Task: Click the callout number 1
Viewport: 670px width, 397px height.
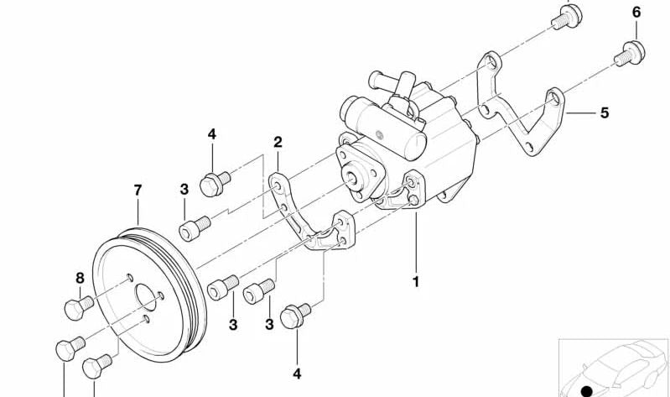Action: click(x=415, y=282)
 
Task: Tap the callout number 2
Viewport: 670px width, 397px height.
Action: click(x=278, y=142)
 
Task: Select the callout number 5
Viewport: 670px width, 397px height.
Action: click(x=605, y=113)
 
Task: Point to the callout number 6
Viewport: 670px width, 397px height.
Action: click(x=636, y=13)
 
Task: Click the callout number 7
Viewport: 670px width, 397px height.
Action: click(x=138, y=190)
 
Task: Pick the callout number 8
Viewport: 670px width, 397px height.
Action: click(x=80, y=279)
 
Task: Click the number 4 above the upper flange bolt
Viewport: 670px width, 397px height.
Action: click(x=212, y=134)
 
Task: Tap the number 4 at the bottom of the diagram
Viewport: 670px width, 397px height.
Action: click(x=297, y=373)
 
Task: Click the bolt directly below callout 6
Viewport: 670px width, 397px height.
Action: click(x=630, y=55)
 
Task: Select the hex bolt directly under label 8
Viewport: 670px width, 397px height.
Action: click(x=79, y=307)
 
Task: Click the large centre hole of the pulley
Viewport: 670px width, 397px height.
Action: click(x=147, y=296)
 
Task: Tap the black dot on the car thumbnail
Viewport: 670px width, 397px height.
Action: click(x=588, y=390)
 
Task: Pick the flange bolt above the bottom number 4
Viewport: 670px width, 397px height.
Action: click(x=295, y=316)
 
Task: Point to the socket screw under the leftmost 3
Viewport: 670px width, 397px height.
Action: click(x=195, y=228)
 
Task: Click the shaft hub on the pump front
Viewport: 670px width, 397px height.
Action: click(x=351, y=178)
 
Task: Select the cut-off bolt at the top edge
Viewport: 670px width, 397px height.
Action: click(x=567, y=16)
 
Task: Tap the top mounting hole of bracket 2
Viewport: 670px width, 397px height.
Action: click(x=278, y=186)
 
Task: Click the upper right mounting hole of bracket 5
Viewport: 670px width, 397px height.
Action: click(x=553, y=99)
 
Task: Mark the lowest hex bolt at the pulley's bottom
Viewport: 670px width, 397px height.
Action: click(x=97, y=366)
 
